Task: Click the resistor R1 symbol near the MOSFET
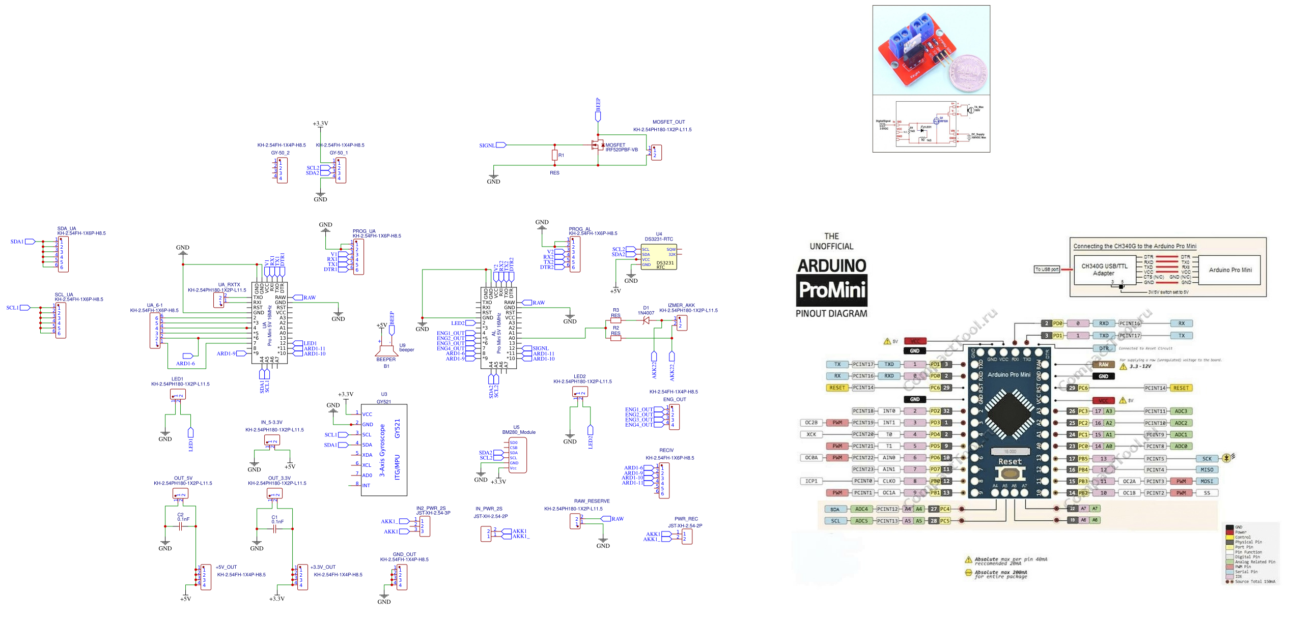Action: click(x=554, y=155)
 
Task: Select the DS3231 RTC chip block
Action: click(x=658, y=257)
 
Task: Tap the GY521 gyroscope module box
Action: click(x=384, y=450)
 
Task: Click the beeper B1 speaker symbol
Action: click(x=386, y=350)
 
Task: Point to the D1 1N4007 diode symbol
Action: click(x=646, y=320)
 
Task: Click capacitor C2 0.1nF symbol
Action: click(x=181, y=526)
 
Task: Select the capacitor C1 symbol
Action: click(x=275, y=529)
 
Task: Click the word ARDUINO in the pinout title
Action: click(x=831, y=265)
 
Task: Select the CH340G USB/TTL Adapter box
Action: click(x=1104, y=270)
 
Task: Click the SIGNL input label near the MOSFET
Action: click(x=487, y=145)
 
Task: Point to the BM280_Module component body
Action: click(x=518, y=456)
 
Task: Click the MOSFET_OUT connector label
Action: click(x=668, y=122)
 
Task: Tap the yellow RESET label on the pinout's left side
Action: click(x=837, y=388)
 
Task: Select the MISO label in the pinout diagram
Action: click(x=1207, y=469)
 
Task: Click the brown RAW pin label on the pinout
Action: click(x=1103, y=364)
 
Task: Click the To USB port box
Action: click(x=1046, y=270)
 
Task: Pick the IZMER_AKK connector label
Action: click(x=681, y=305)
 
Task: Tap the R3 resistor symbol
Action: click(x=615, y=320)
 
